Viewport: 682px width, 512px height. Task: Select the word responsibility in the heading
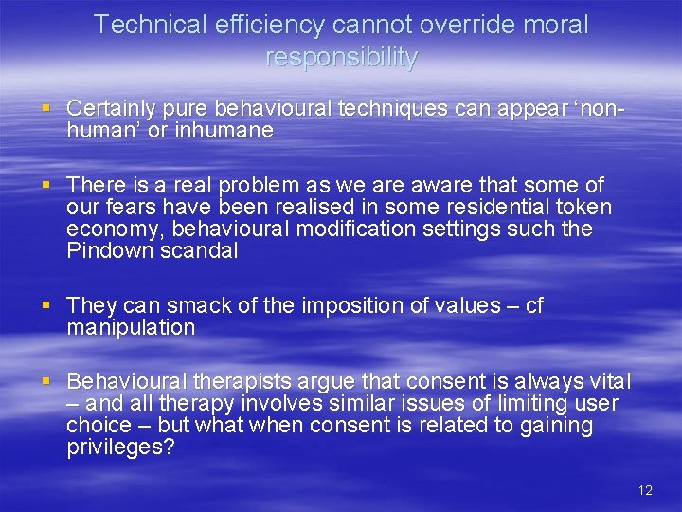[341, 58]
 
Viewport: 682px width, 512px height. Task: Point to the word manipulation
[131, 328]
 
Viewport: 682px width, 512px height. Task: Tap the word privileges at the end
[120, 448]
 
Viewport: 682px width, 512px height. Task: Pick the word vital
[610, 381]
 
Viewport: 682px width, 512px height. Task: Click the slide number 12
[645, 490]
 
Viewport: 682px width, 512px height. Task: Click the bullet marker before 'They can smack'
[48, 305]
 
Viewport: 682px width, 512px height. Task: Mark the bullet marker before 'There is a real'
[48, 185]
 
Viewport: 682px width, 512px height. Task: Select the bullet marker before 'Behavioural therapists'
[48, 381]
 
